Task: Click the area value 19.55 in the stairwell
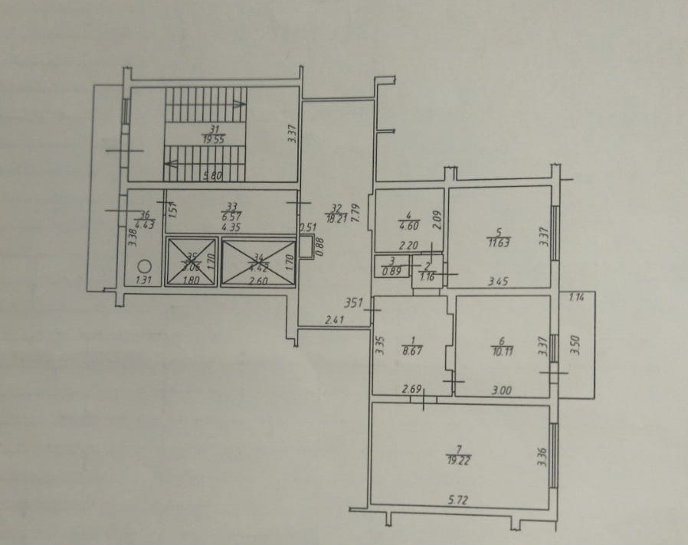pyautogui.click(x=214, y=140)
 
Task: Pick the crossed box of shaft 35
pyautogui.click(x=192, y=263)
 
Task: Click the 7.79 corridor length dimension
pyautogui.click(x=355, y=211)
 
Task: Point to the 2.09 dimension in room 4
pyautogui.click(x=434, y=220)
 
